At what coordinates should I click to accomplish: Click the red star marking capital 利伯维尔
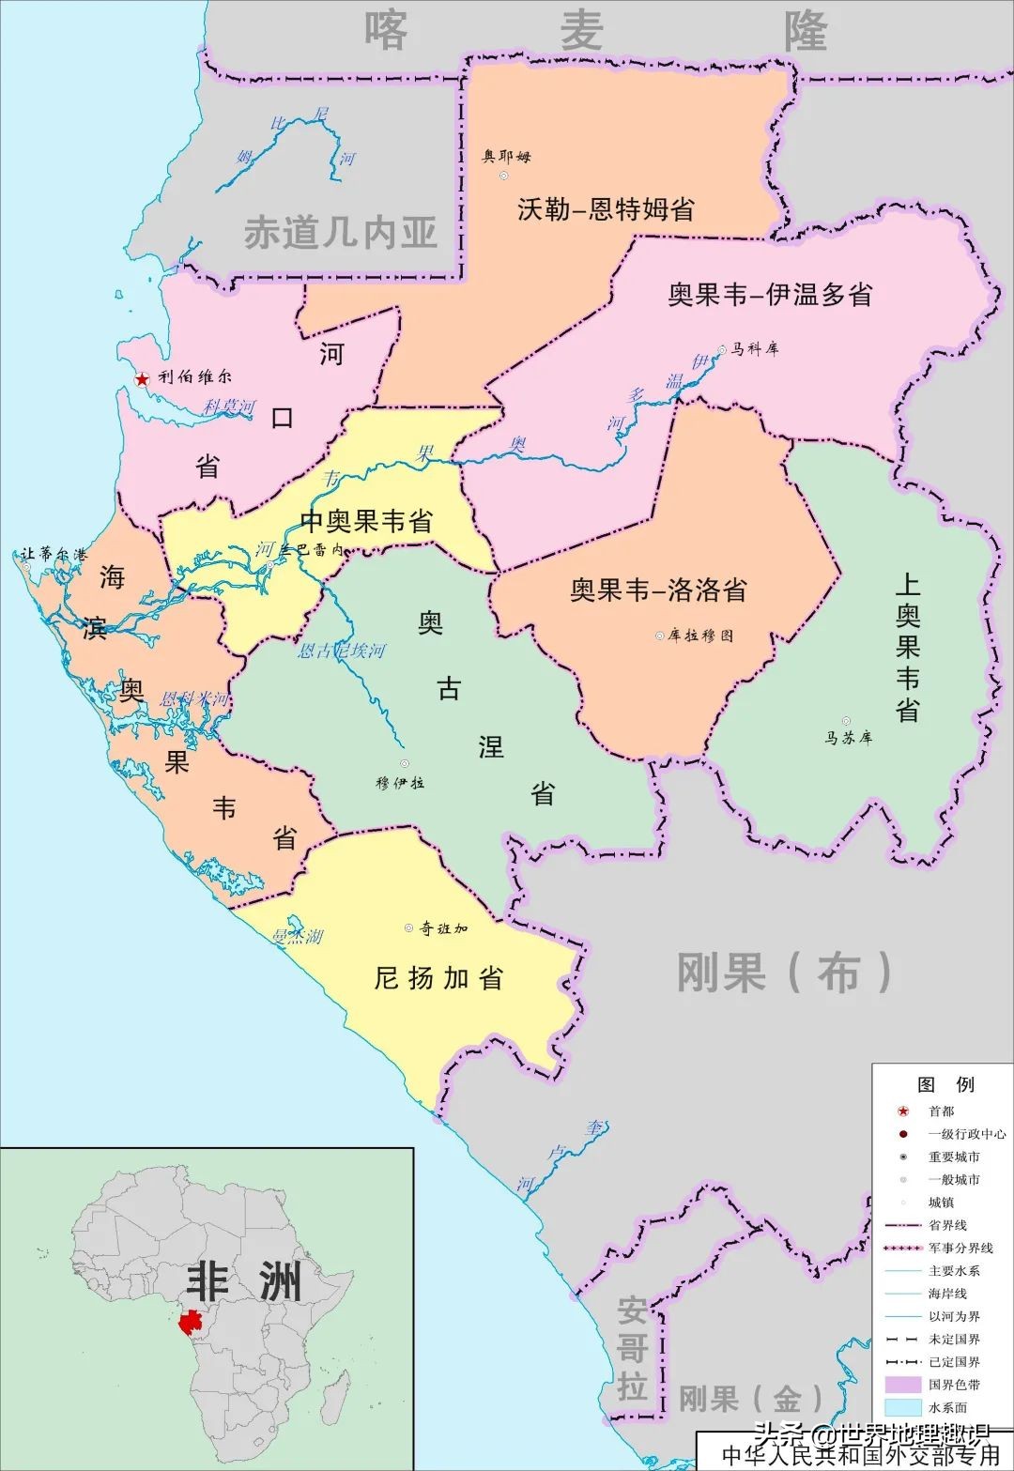[x=142, y=379]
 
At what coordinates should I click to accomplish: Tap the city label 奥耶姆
[x=507, y=156]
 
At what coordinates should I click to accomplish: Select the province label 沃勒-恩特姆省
[x=606, y=208]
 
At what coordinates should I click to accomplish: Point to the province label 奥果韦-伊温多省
[x=770, y=295]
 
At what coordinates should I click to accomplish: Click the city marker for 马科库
[x=722, y=349]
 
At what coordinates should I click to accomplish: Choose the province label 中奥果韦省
[x=366, y=521]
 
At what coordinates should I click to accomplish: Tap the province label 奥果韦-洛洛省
[x=658, y=590]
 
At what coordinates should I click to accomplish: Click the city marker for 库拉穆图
[x=659, y=636]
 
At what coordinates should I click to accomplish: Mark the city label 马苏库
[x=849, y=738]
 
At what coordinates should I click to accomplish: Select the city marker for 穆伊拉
[x=405, y=764]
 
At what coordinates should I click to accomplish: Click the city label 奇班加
[x=443, y=928]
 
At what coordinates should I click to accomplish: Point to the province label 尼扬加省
[x=438, y=978]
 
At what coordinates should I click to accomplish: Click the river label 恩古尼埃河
[x=341, y=651]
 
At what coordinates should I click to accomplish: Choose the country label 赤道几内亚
[x=341, y=233]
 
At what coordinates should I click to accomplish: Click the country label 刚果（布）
[x=785, y=972]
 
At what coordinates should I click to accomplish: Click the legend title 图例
[x=945, y=1084]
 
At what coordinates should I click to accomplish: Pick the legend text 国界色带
[x=954, y=1385]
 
